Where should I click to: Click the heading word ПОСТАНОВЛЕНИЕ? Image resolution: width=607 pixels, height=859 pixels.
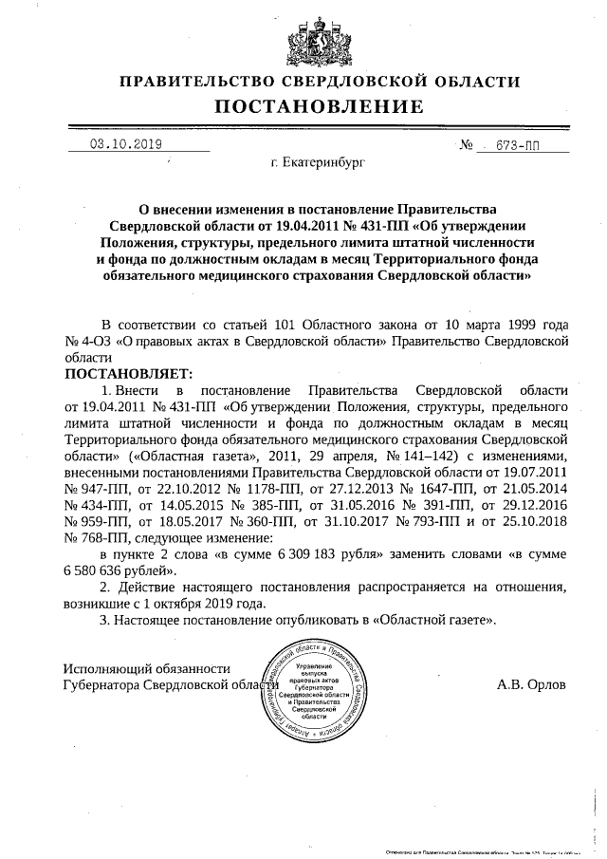pyautogui.click(x=304, y=106)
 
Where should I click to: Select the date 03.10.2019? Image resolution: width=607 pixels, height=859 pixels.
pyautogui.click(x=126, y=145)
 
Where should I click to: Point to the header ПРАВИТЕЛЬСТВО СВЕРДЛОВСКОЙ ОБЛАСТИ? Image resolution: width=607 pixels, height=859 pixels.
pyautogui.click(x=304, y=82)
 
